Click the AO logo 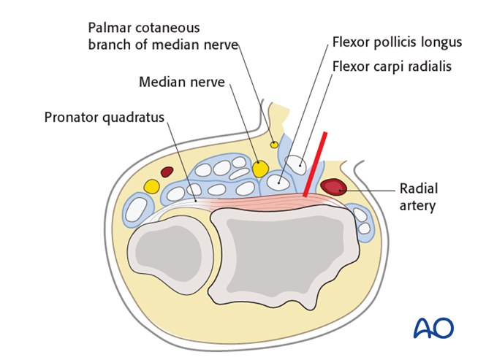[x=433, y=328]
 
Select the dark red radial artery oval [x=333, y=188]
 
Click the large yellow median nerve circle [x=259, y=169]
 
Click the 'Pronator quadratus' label [x=105, y=117]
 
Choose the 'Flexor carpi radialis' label [x=392, y=66]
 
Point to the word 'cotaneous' [x=172, y=28]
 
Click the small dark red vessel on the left [x=167, y=172]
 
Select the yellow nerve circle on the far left [x=151, y=186]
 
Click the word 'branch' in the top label [x=110, y=45]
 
